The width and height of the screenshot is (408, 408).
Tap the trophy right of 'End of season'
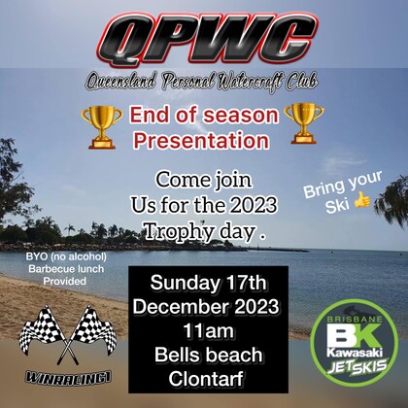point(303,121)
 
